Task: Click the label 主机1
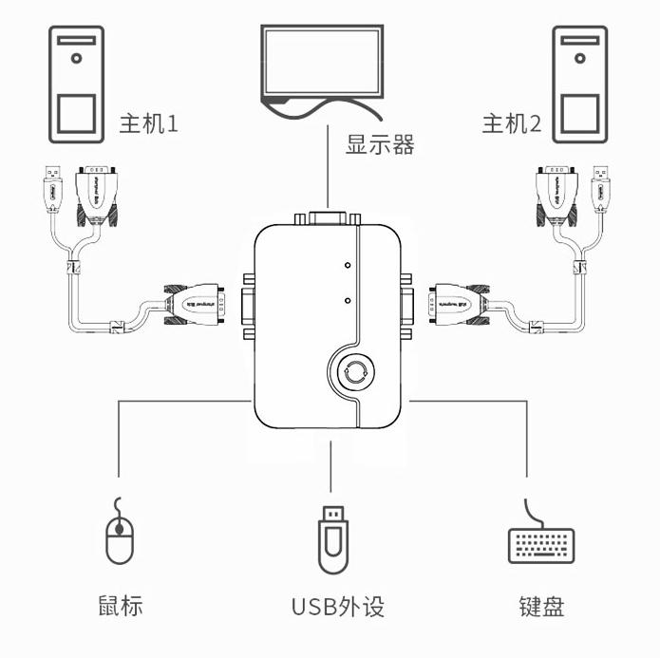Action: [x=148, y=123]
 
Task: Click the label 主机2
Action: [x=511, y=123]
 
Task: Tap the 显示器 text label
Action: [x=380, y=145]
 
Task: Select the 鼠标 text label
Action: [x=120, y=606]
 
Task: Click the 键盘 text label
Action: [x=541, y=606]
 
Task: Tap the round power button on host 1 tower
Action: [x=75, y=57]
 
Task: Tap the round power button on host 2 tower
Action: [x=582, y=57]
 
